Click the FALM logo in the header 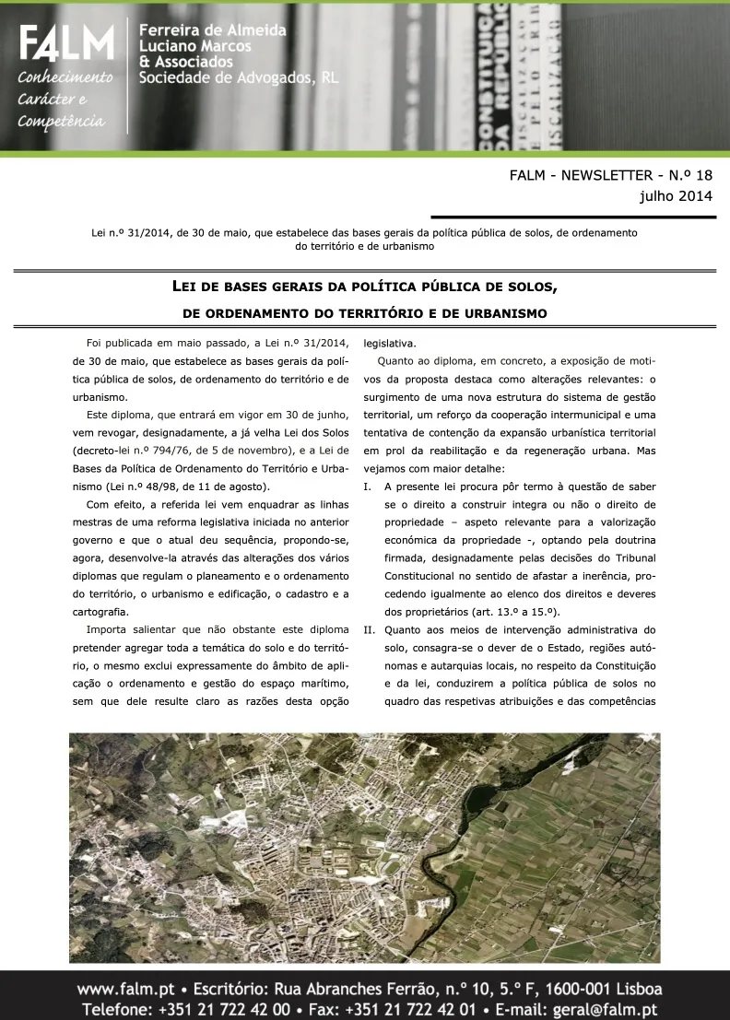pyautogui.click(x=66, y=43)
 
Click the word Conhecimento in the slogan pyautogui.click(x=65, y=77)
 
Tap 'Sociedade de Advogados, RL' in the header pyautogui.click(x=239, y=77)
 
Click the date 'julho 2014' pyautogui.click(x=676, y=195)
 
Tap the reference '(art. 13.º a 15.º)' pyautogui.click(x=519, y=612)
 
